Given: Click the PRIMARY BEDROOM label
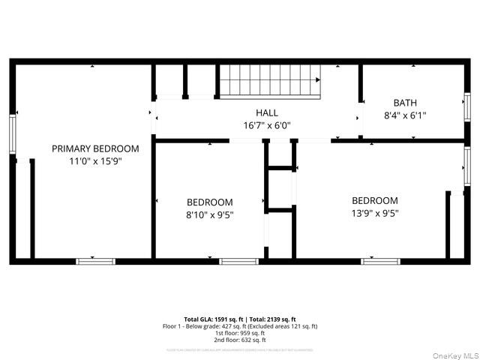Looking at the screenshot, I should tap(95, 148).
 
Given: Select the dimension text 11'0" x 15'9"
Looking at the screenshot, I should tap(95, 160).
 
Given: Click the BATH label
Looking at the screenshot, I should tap(405, 103).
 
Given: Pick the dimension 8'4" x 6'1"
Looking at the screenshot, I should tap(405, 115).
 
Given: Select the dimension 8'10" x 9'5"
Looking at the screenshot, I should tap(209, 214).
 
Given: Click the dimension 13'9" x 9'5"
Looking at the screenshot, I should tap(375, 212).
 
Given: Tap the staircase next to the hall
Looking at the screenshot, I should tap(269, 80).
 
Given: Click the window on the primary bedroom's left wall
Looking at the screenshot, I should tap(12, 133).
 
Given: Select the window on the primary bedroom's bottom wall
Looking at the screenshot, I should tap(95, 261).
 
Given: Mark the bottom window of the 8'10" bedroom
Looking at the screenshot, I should tap(238, 261).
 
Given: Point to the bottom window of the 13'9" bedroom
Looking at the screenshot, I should tap(380, 261).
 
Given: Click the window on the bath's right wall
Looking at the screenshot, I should tap(466, 106).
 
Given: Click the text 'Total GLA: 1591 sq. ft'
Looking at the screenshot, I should tap(214, 319).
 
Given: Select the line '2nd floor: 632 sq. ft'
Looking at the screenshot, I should tap(239, 340).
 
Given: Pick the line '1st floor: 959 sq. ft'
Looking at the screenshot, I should tap(239, 333).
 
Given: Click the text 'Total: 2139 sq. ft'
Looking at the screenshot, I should tap(271, 319).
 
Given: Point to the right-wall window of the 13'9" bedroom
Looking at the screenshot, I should tap(466, 166).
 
